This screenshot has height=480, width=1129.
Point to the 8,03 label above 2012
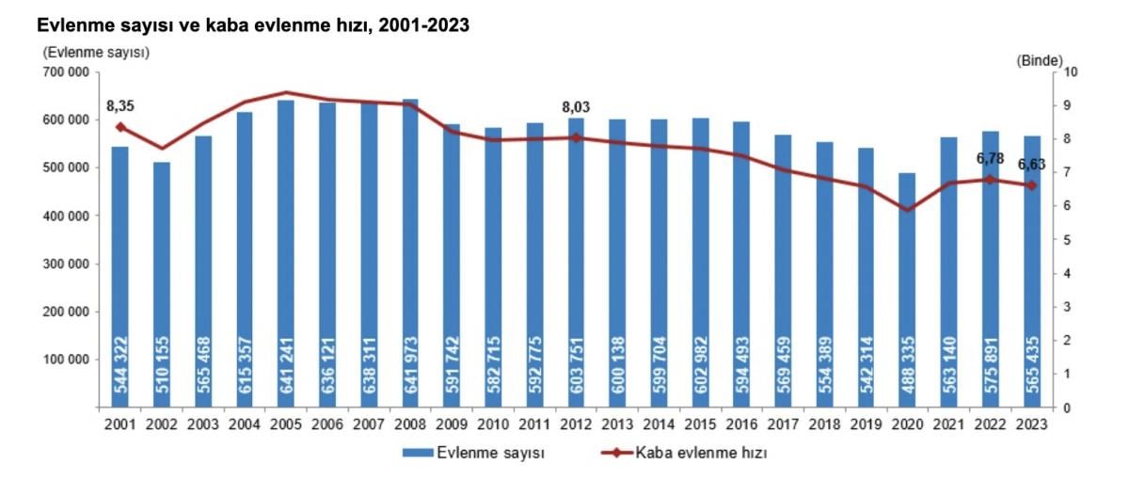(576, 107)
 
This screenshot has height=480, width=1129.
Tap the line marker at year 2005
(286, 93)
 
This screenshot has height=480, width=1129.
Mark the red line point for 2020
(907, 209)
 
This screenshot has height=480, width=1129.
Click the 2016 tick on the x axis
(741, 424)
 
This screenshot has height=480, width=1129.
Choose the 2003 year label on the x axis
(203, 424)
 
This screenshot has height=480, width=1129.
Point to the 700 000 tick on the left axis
(66, 72)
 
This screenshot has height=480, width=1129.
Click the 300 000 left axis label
(66, 264)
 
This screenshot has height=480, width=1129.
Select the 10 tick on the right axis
(1070, 72)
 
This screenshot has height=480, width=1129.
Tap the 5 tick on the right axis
(1067, 240)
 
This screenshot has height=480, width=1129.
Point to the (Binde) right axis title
(1039, 59)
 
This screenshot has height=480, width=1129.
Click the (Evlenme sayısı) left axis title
(94, 53)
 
